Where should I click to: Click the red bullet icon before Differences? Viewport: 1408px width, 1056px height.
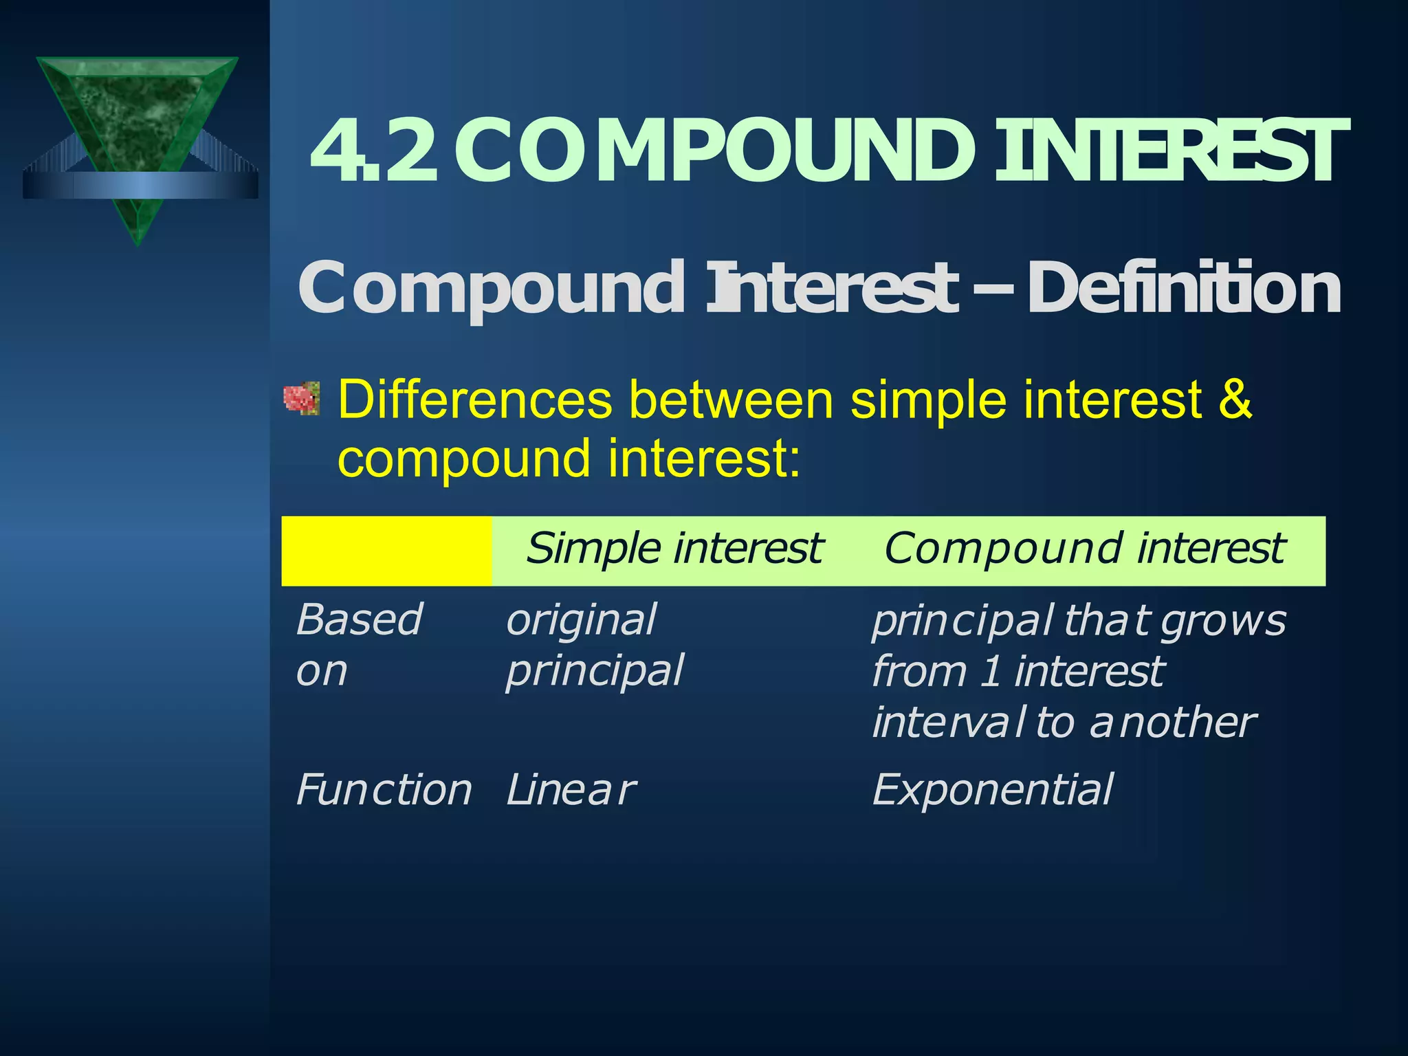click(302, 398)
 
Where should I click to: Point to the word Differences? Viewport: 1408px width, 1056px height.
click(474, 399)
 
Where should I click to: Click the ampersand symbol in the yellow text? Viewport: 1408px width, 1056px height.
click(1235, 399)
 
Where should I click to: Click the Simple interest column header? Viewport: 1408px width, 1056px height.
click(674, 549)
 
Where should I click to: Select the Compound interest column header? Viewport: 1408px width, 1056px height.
click(1084, 549)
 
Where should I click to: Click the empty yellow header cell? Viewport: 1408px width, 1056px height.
click(386, 551)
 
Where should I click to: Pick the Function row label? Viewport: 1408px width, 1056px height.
click(384, 790)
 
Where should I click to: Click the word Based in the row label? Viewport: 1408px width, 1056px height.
click(359, 620)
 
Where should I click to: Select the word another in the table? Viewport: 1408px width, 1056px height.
click(1173, 723)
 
